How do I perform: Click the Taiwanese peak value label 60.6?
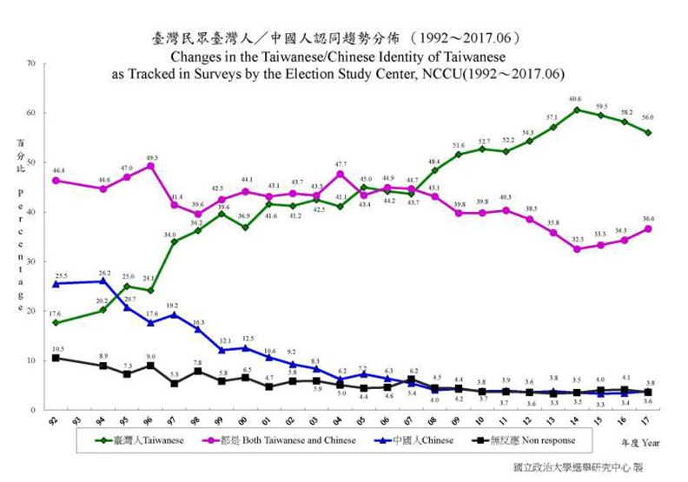575,99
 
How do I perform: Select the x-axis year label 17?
648,420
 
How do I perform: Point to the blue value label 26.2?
103,272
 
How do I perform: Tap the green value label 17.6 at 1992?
56,314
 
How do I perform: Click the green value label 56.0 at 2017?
648,117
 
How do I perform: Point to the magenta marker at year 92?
56,181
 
